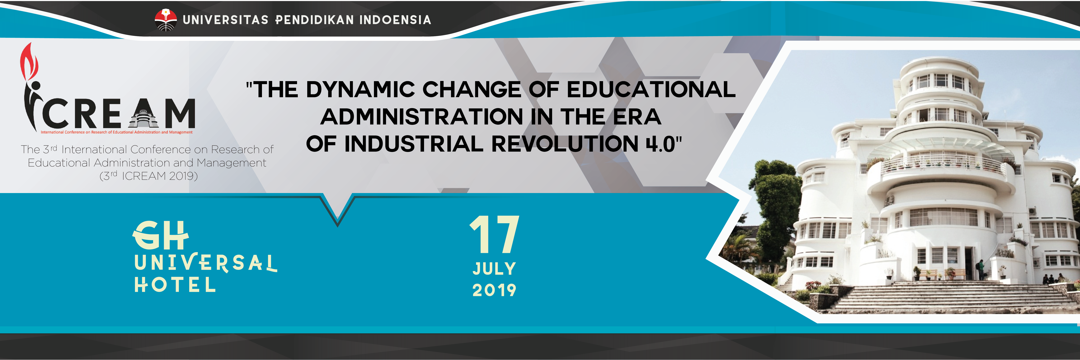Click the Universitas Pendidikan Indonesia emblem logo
[x=166, y=20]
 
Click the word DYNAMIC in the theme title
[x=361, y=89]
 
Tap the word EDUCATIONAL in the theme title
[x=651, y=89]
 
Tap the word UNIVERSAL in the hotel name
[x=205, y=263]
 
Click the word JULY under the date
[x=494, y=269]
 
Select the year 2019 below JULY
[x=494, y=290]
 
